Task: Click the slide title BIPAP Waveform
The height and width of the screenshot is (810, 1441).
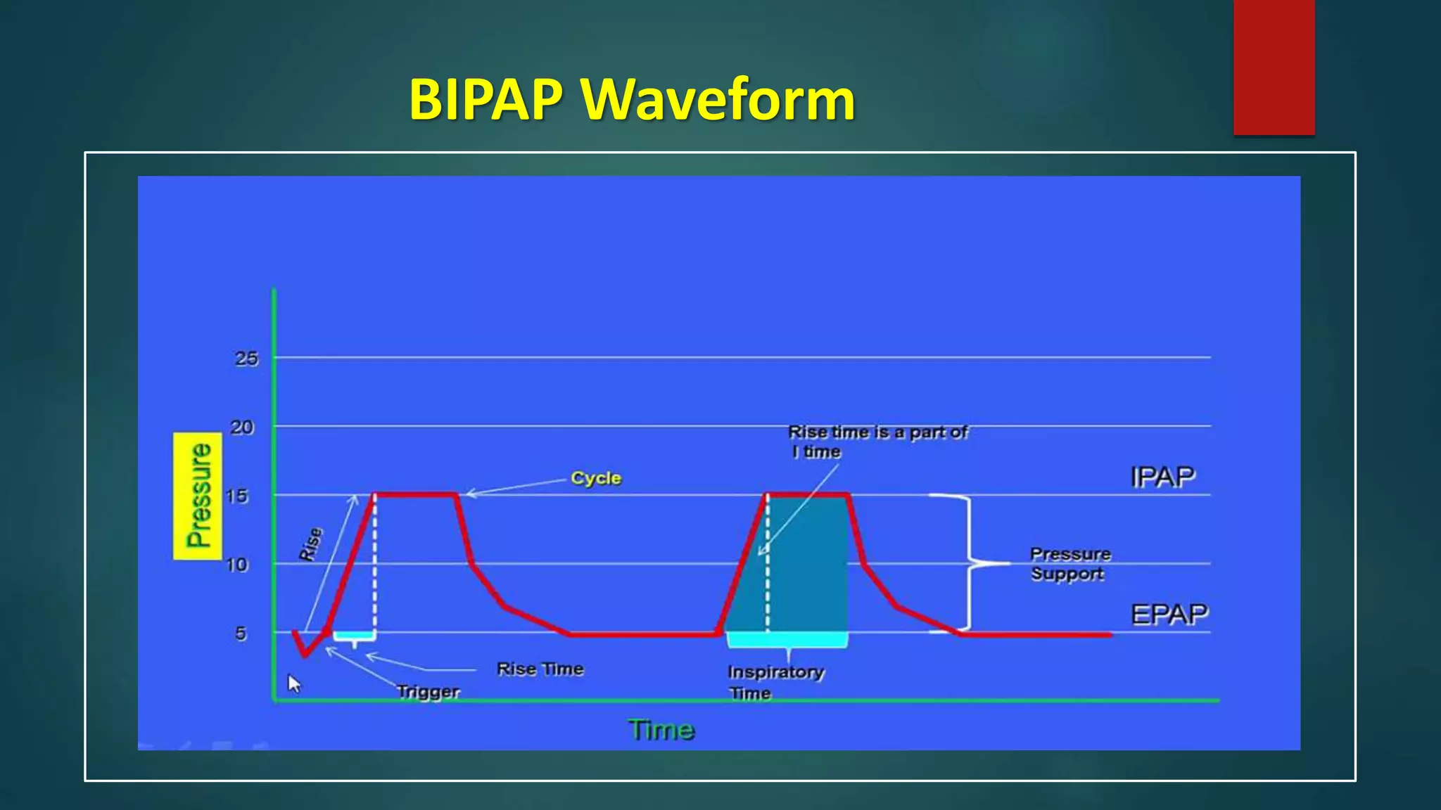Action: coord(631,100)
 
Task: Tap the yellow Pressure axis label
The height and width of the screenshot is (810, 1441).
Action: coord(198,496)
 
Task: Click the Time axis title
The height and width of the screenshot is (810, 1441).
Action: coord(661,730)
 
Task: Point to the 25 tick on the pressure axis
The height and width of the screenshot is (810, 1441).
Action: coord(246,359)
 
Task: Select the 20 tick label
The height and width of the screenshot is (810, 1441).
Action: coord(242,427)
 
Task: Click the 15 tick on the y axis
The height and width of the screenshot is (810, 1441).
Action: coord(237,496)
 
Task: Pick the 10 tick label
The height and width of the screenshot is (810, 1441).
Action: coord(237,564)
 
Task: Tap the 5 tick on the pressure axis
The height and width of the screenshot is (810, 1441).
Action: coord(241,633)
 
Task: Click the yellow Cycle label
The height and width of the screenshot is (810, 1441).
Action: coord(596,478)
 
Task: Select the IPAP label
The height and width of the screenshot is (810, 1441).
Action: coord(1162,477)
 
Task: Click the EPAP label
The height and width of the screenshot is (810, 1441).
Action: coord(1169,614)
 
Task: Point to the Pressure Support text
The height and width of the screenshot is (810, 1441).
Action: coord(1069,564)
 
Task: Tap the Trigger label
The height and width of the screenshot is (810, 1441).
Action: coord(428,691)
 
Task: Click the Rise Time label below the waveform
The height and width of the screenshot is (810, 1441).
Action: coord(540,669)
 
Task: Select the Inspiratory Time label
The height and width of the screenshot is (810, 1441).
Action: coord(774,682)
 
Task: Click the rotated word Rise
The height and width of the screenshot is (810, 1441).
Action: coord(311,544)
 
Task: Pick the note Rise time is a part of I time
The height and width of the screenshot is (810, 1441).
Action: coord(877,442)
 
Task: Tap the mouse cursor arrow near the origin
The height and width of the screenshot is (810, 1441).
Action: coord(293,683)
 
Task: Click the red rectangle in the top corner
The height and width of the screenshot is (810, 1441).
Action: coord(1274,67)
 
